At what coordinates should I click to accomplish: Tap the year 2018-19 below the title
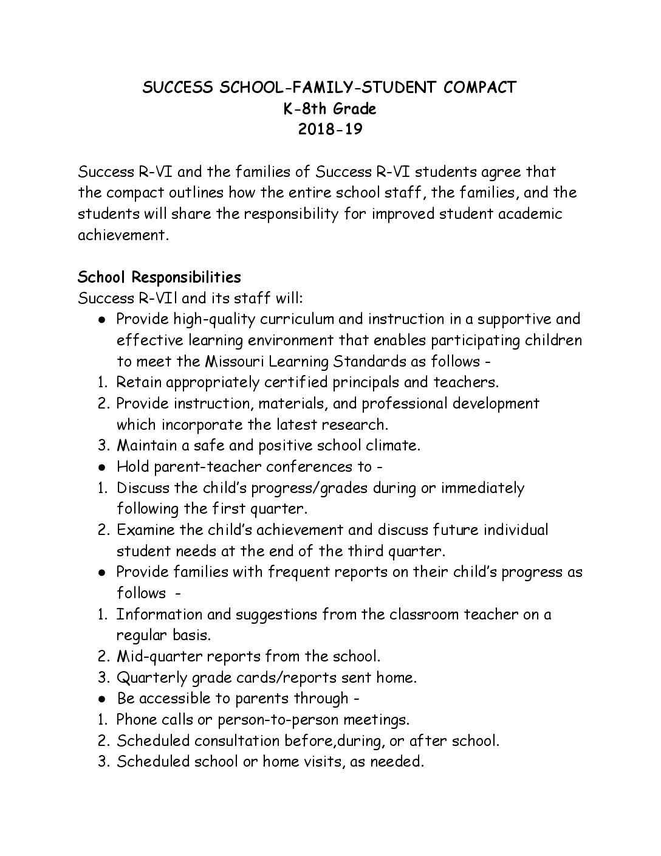(330, 129)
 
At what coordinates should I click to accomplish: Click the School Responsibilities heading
(160, 277)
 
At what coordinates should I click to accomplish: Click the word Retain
(138, 382)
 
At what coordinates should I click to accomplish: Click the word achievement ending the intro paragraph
(121, 235)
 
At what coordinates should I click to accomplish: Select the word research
(357, 424)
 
